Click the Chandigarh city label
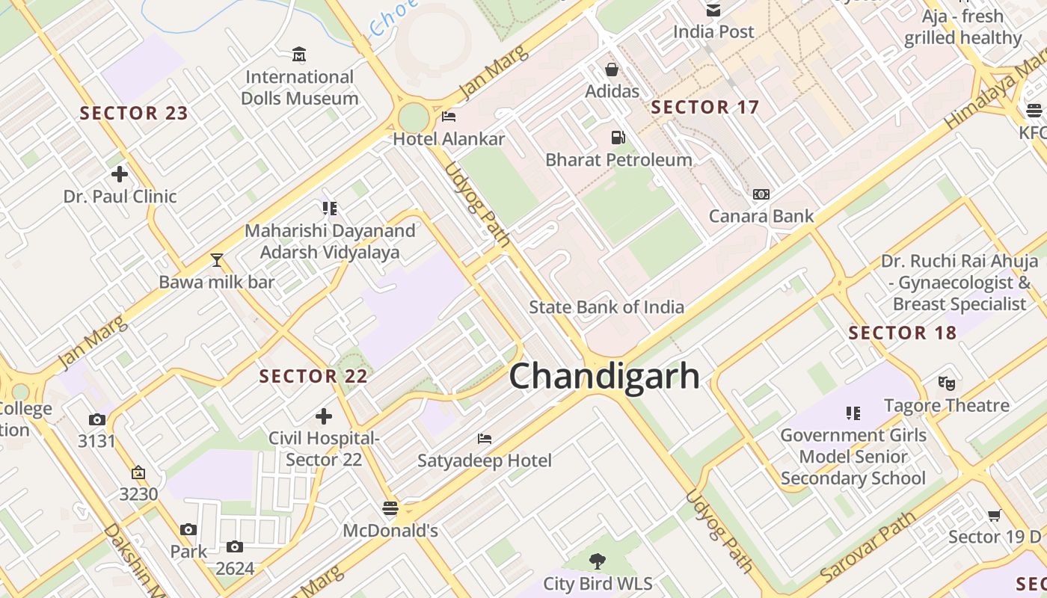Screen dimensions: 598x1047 [604, 376]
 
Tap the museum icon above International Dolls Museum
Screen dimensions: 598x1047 [300, 54]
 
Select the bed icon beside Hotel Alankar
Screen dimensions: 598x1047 [449, 117]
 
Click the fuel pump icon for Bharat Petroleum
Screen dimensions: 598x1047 [618, 138]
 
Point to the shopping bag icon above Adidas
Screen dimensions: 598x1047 [612, 70]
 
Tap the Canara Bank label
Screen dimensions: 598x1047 [761, 217]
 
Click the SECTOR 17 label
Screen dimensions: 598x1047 [704, 107]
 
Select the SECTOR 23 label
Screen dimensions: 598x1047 [134, 114]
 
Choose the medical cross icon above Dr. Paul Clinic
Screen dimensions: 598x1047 [119, 174]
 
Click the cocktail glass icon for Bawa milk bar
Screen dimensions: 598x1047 [217, 260]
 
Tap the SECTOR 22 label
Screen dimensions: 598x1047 [313, 376]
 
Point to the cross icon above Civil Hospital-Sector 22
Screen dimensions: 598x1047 [324, 416]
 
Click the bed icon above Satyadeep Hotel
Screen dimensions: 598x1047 [485, 438]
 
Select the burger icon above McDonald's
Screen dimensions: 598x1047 [390, 508]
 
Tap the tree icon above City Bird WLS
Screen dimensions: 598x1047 [597, 561]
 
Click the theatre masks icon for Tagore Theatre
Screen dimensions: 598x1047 [947, 383]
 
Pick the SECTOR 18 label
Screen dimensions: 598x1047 [903, 333]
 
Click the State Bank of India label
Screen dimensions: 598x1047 [607, 306]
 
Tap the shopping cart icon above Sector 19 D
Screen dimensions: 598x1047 [995, 514]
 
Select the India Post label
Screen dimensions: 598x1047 [713, 31]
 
